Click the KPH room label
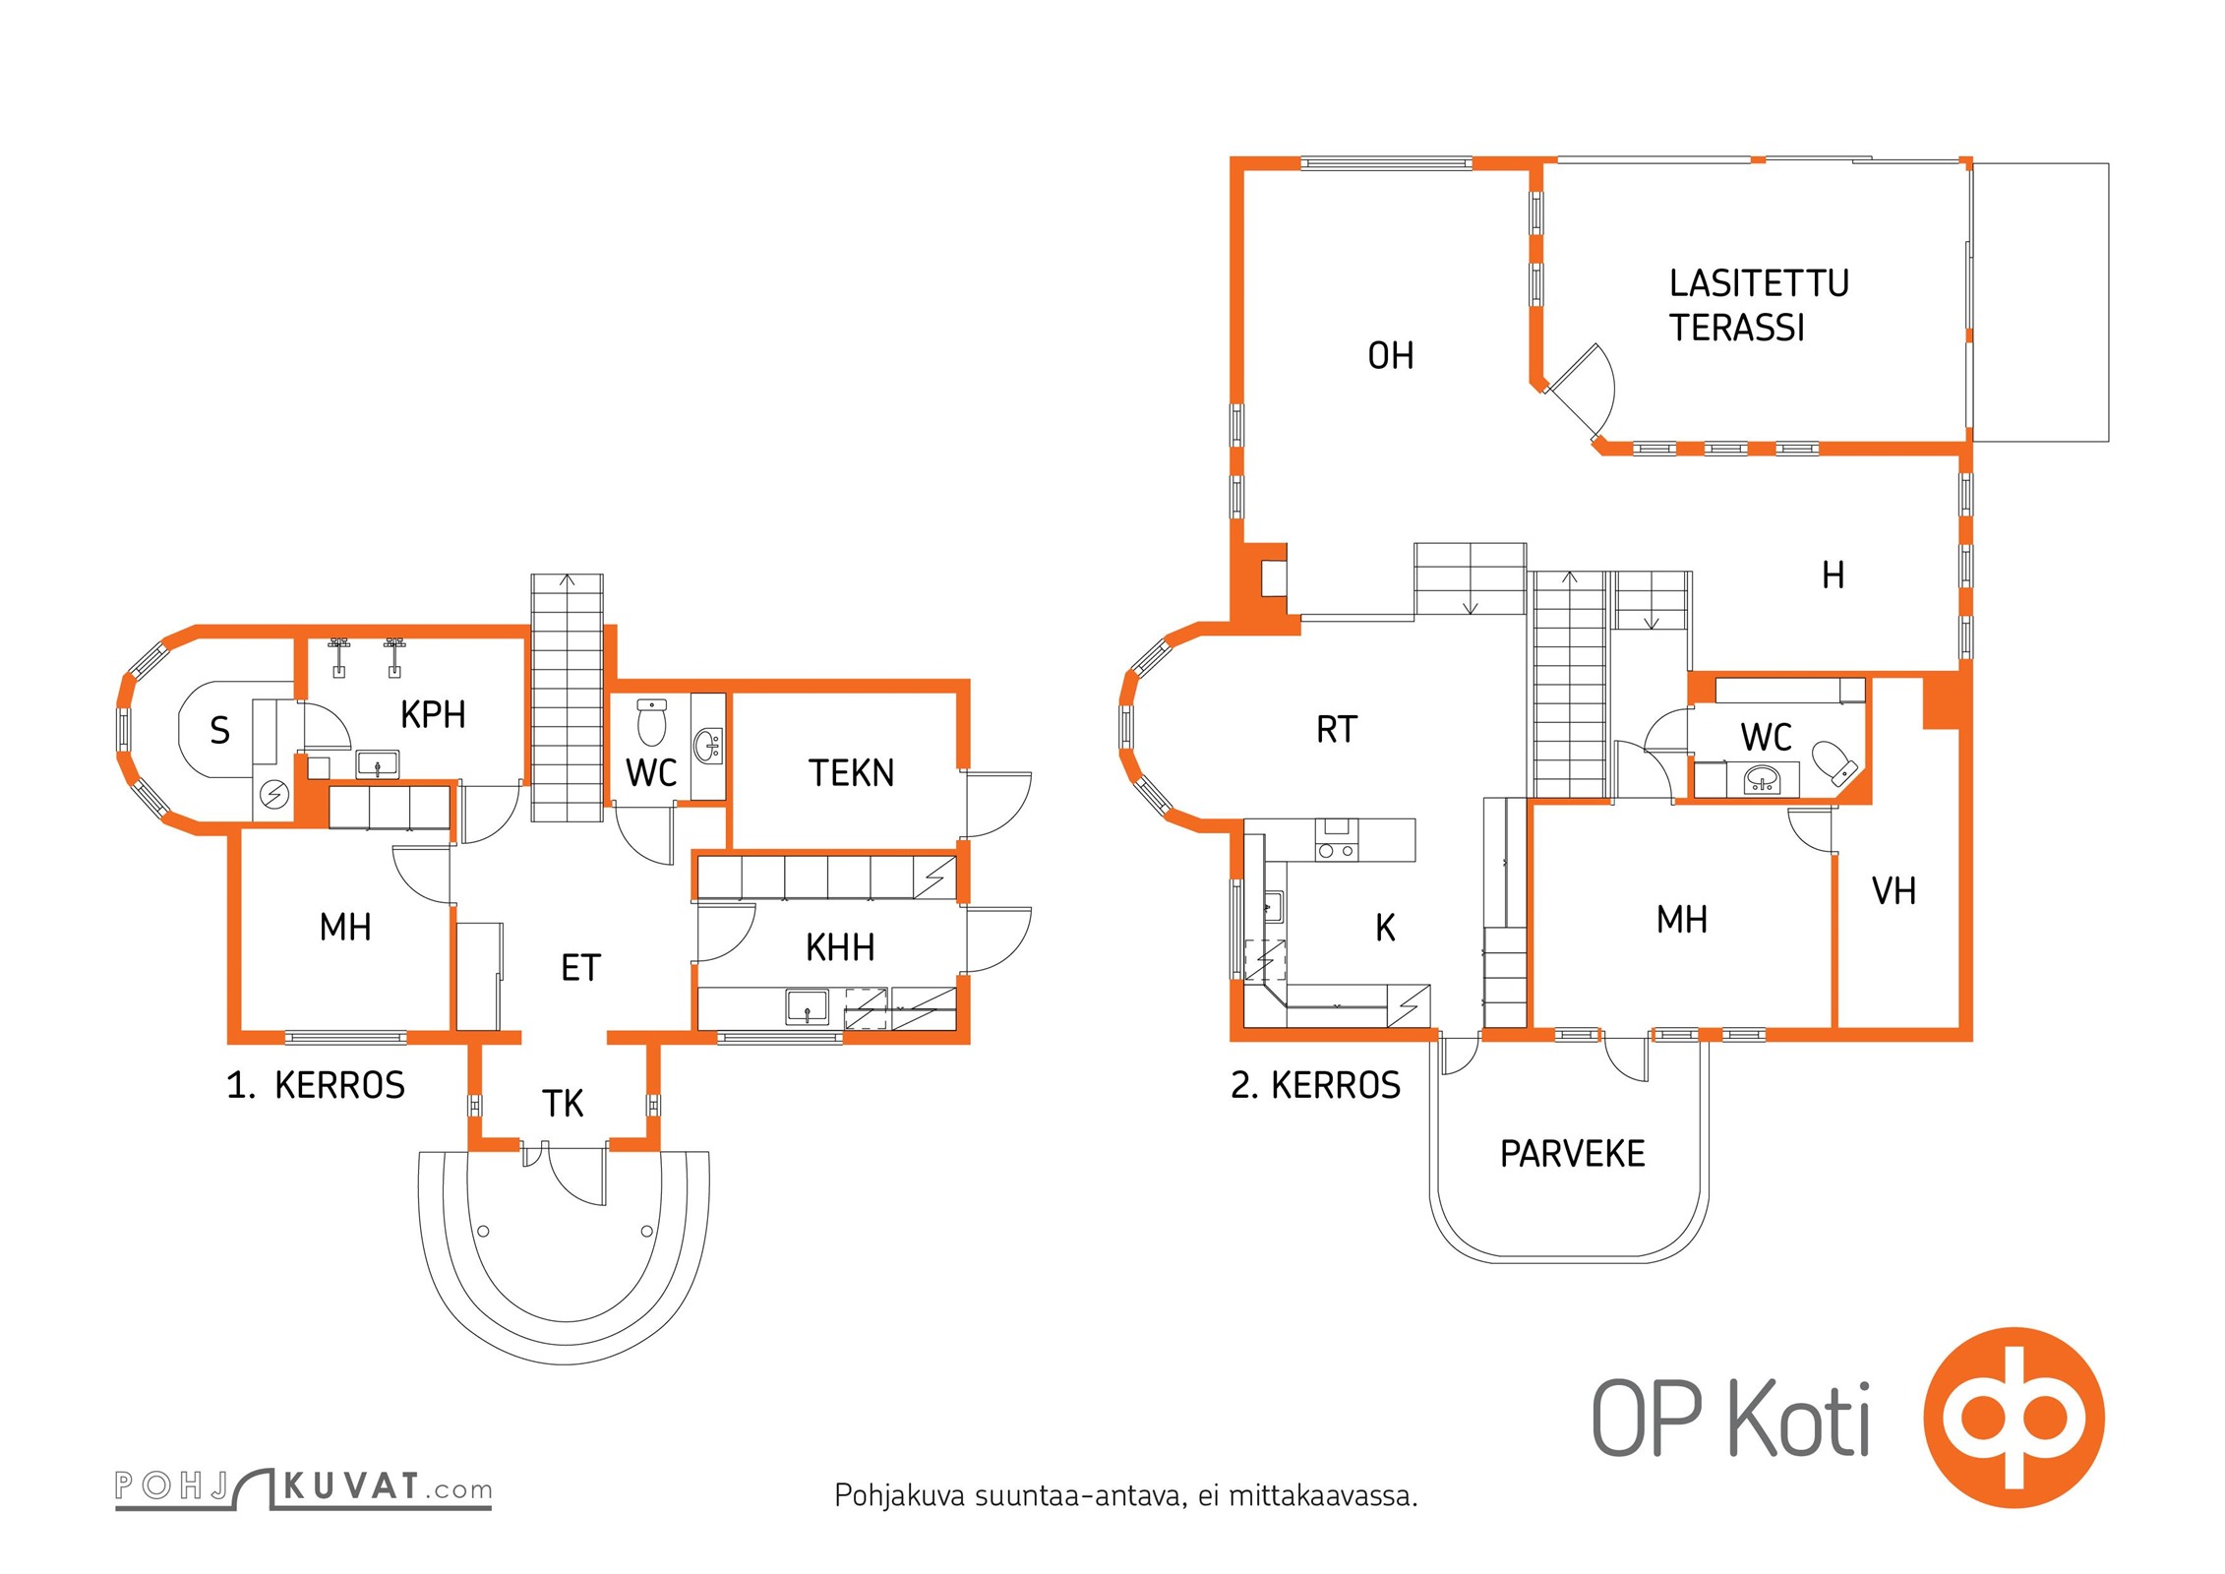(x=433, y=715)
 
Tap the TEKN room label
(x=852, y=773)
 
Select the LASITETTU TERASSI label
(x=1759, y=305)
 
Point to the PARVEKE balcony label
(x=1572, y=1154)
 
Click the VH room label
(x=1894, y=891)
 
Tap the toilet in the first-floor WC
(x=651, y=722)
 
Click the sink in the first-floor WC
(x=708, y=745)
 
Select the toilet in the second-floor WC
(x=1834, y=761)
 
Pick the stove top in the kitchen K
(x=1336, y=851)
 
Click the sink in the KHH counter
(x=807, y=1007)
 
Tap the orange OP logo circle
(x=2014, y=1418)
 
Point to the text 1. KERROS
(x=316, y=1085)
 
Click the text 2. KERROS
(x=1315, y=1085)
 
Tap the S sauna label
(x=220, y=731)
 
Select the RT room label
(x=1336, y=730)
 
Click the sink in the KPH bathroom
(x=378, y=763)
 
